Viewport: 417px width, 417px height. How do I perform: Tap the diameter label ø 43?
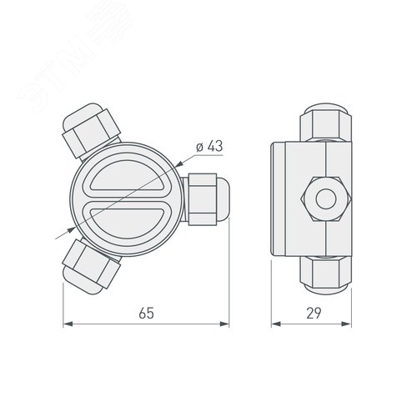[x=209, y=148]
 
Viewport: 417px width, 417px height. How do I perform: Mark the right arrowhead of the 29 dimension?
[x=359, y=324]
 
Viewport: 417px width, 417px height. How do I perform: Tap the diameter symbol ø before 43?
[x=198, y=148]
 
